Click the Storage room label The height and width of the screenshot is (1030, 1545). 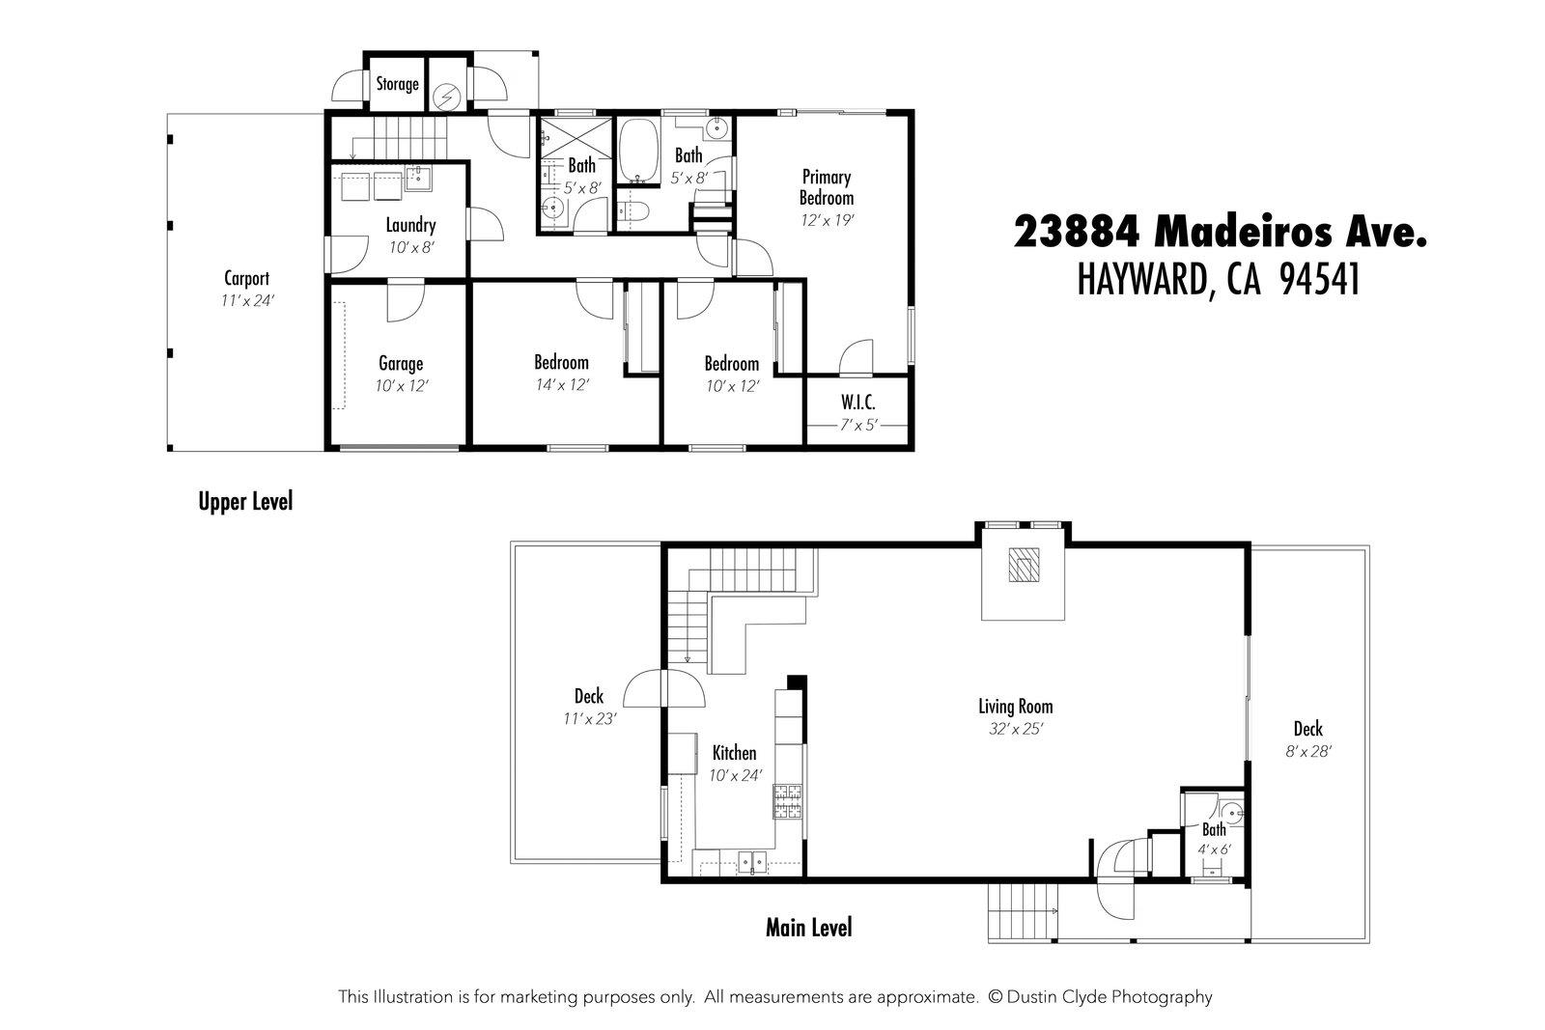[x=397, y=84]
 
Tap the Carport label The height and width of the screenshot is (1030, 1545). [x=246, y=279]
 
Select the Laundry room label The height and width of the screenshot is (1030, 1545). [x=410, y=226]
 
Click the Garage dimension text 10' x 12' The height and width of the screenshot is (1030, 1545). [x=401, y=385]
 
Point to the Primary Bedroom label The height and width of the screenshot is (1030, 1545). [x=827, y=187]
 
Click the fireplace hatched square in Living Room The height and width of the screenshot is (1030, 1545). [x=1023, y=565]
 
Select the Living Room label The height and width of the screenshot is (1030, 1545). [x=1015, y=707]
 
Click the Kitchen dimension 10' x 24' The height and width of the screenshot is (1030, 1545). [x=735, y=774]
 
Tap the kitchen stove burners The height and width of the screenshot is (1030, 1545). [x=788, y=802]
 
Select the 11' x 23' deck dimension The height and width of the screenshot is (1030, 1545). [x=589, y=718]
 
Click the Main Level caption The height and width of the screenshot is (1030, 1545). [x=808, y=928]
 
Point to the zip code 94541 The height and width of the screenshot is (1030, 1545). [x=1319, y=280]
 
